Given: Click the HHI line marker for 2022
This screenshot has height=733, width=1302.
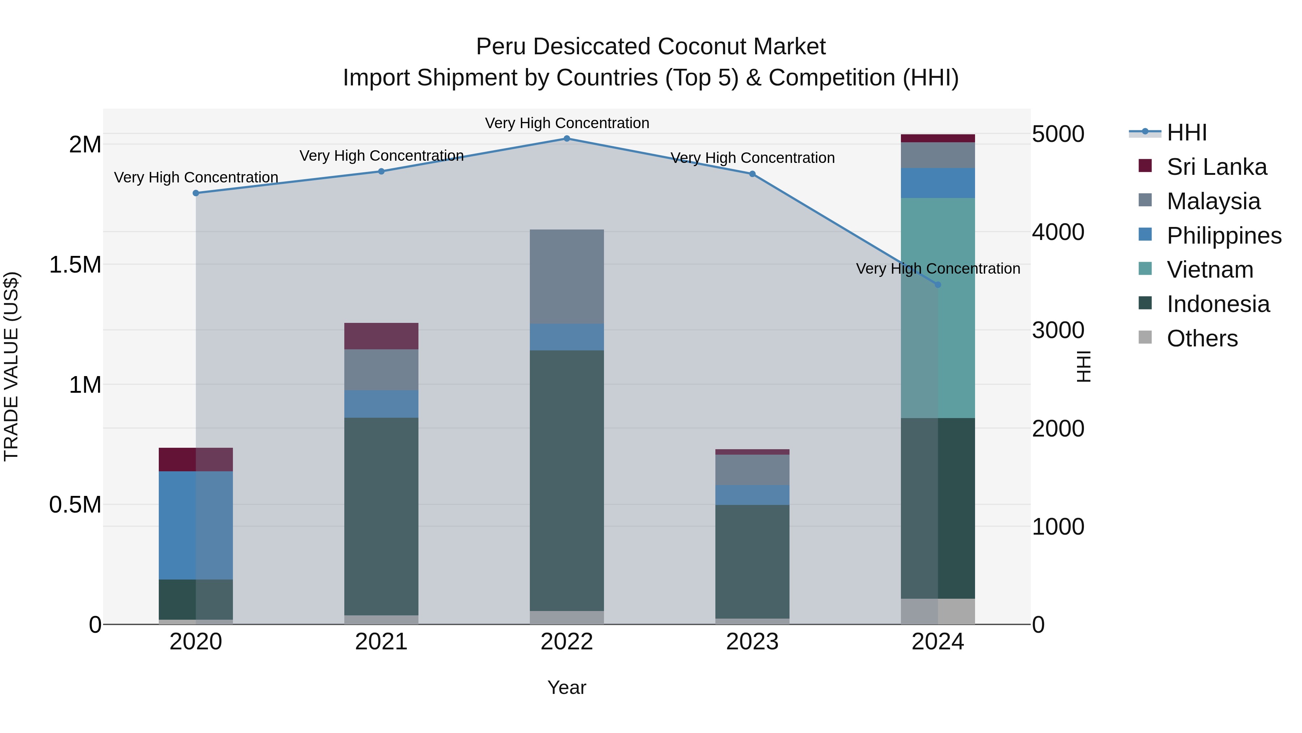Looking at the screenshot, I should click(x=567, y=138).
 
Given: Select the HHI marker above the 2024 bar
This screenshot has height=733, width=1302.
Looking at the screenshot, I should click(x=937, y=285).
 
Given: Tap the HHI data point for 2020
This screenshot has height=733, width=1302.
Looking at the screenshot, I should click(x=196, y=193).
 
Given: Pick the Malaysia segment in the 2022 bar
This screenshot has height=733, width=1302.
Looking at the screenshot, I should click(x=567, y=276).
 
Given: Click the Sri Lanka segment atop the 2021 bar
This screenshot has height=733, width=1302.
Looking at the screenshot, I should click(x=381, y=336).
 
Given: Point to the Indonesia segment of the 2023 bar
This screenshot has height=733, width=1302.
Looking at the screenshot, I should click(x=752, y=561).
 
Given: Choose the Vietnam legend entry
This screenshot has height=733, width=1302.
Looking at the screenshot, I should click(x=1209, y=270).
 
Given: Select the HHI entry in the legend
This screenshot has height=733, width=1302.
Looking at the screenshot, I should click(x=1186, y=132).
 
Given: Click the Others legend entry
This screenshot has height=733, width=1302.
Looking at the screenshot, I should click(x=1202, y=338).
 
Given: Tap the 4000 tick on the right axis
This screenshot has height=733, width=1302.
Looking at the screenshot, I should click(x=1058, y=232).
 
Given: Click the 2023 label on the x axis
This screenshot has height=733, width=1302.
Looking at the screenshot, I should click(x=752, y=642).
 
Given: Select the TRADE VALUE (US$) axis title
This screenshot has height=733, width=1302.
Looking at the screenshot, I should click(x=11, y=366).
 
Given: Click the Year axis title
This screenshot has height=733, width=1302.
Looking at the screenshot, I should click(x=567, y=687).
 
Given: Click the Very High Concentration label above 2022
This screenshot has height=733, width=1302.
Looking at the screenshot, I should click(x=567, y=123).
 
